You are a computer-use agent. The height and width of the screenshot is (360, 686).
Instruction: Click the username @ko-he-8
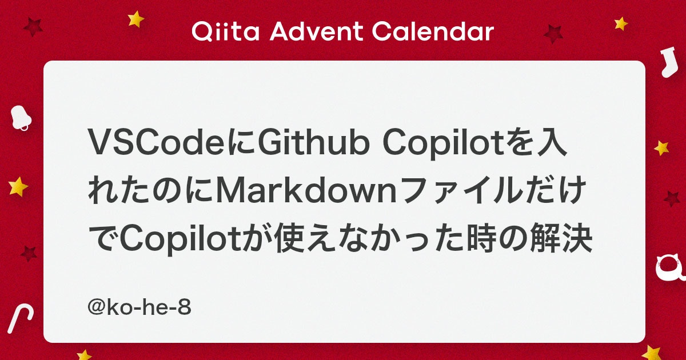pos(139,309)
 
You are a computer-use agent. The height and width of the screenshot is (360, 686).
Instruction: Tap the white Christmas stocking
pos(667,63)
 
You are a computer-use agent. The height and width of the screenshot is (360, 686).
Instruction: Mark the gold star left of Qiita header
pos(136,19)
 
